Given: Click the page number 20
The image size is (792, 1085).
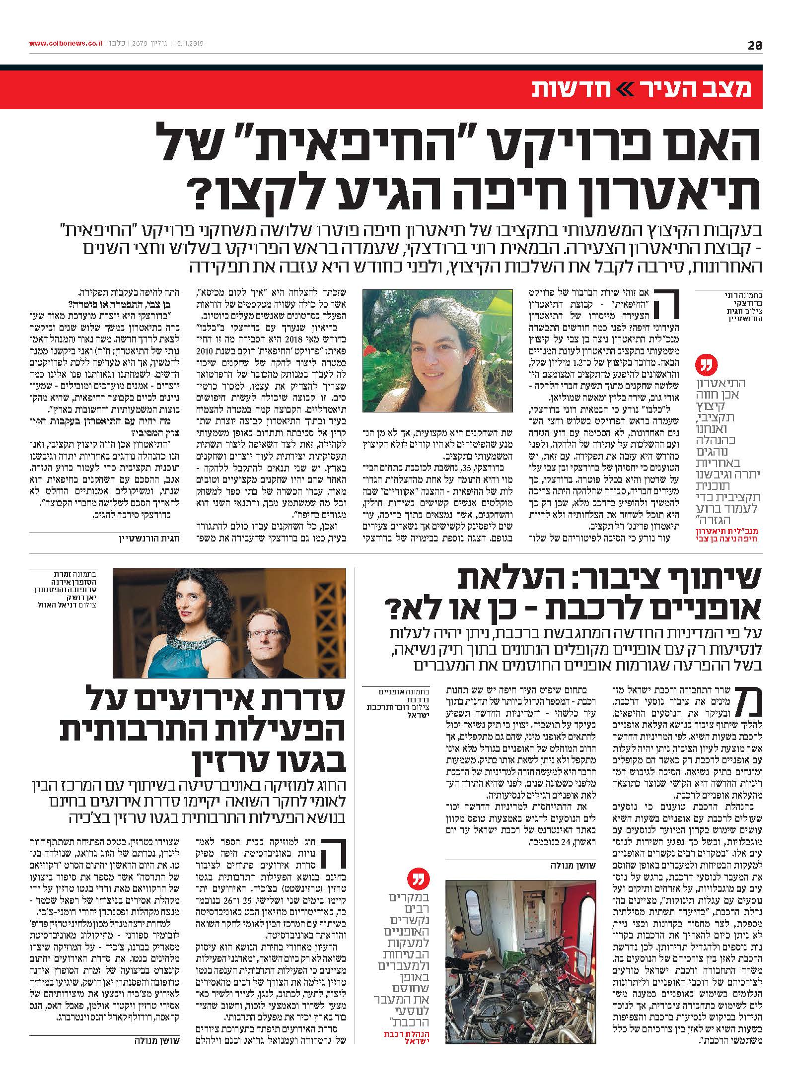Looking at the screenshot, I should point(755,45).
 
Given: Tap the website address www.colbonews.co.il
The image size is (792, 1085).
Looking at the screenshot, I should point(66,43).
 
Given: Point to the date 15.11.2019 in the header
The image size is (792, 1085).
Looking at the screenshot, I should point(189,43).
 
